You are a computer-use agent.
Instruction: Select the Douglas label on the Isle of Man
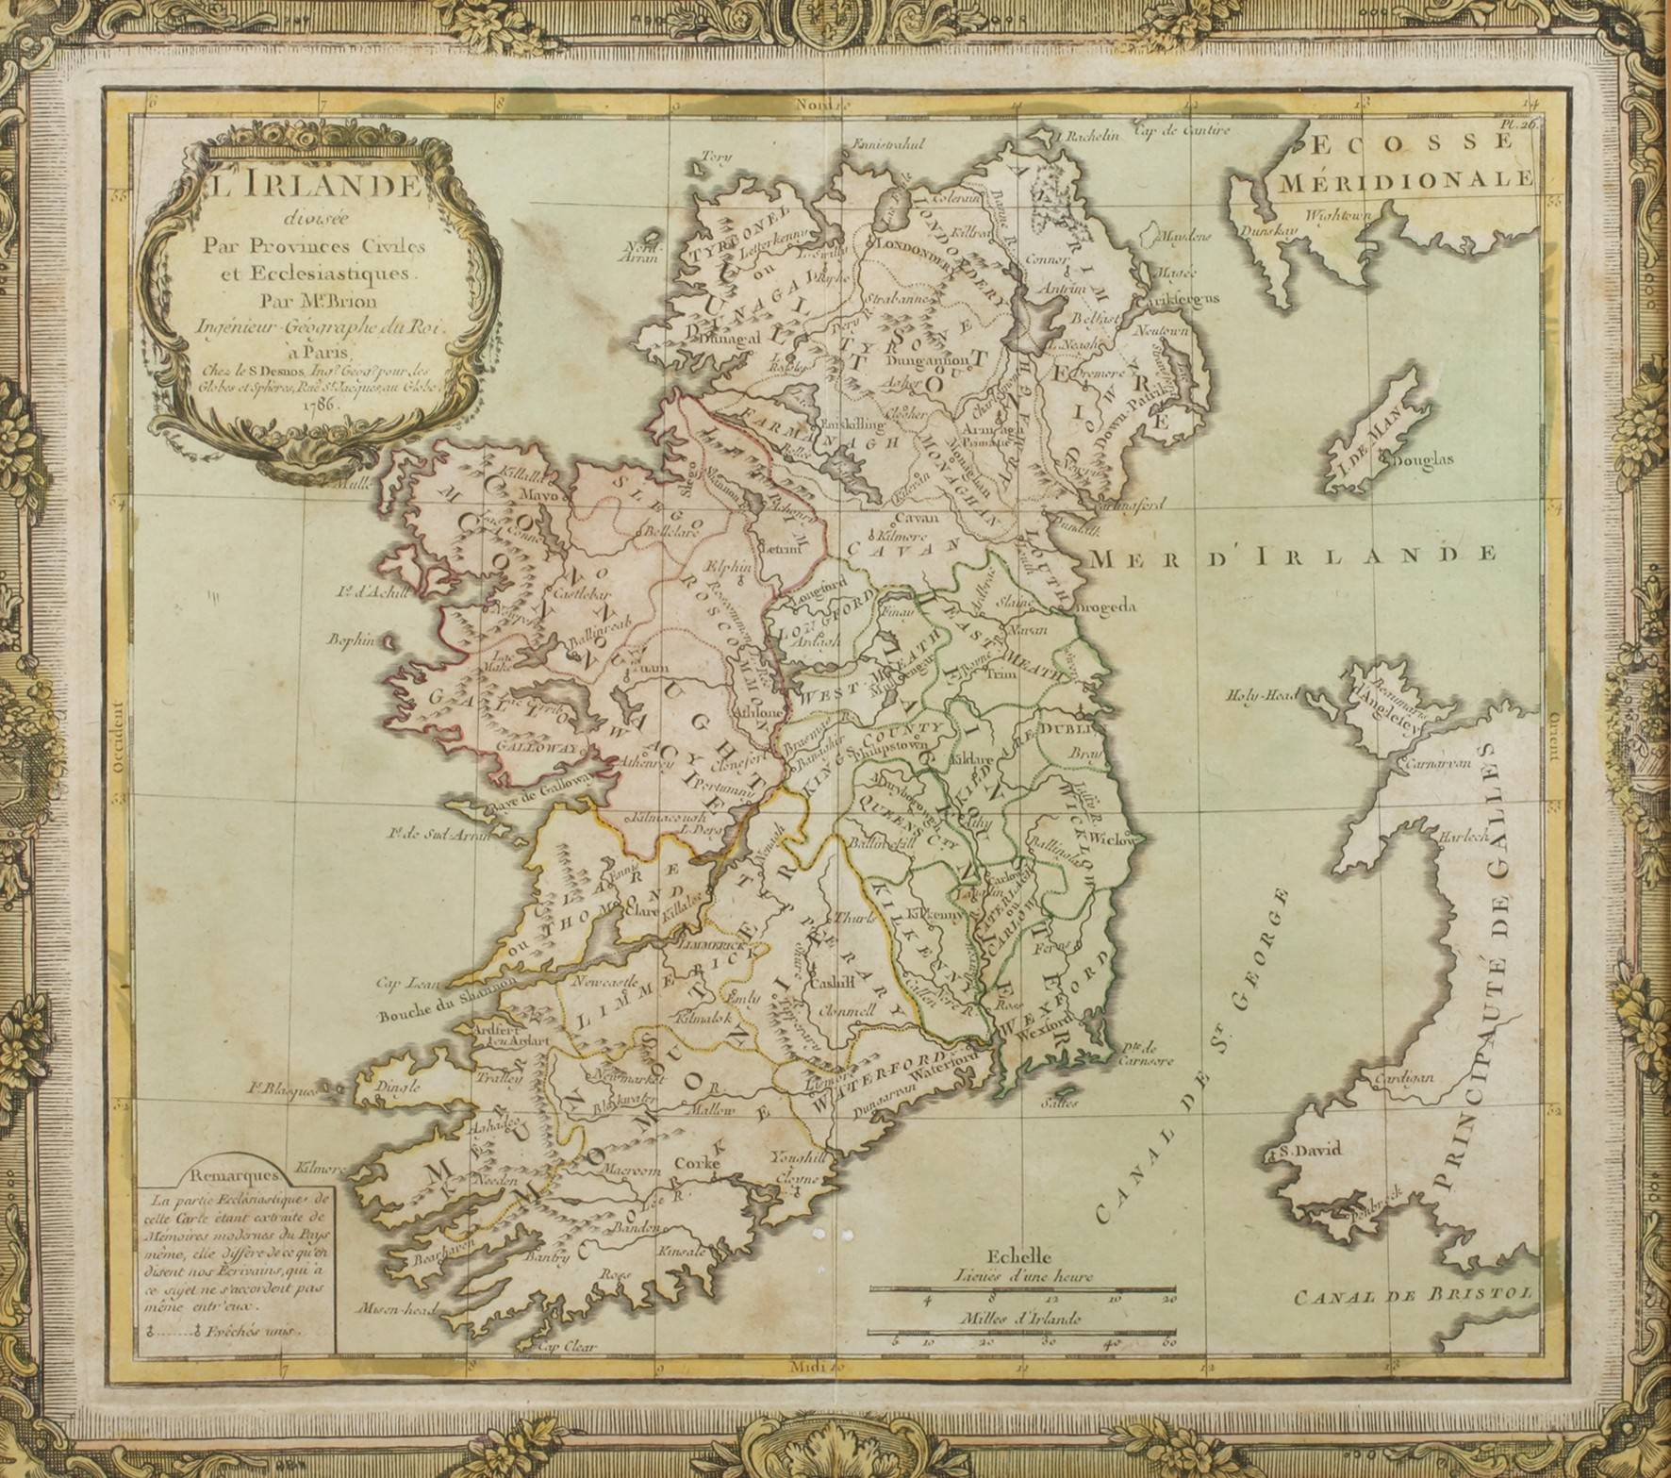click(x=1423, y=461)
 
